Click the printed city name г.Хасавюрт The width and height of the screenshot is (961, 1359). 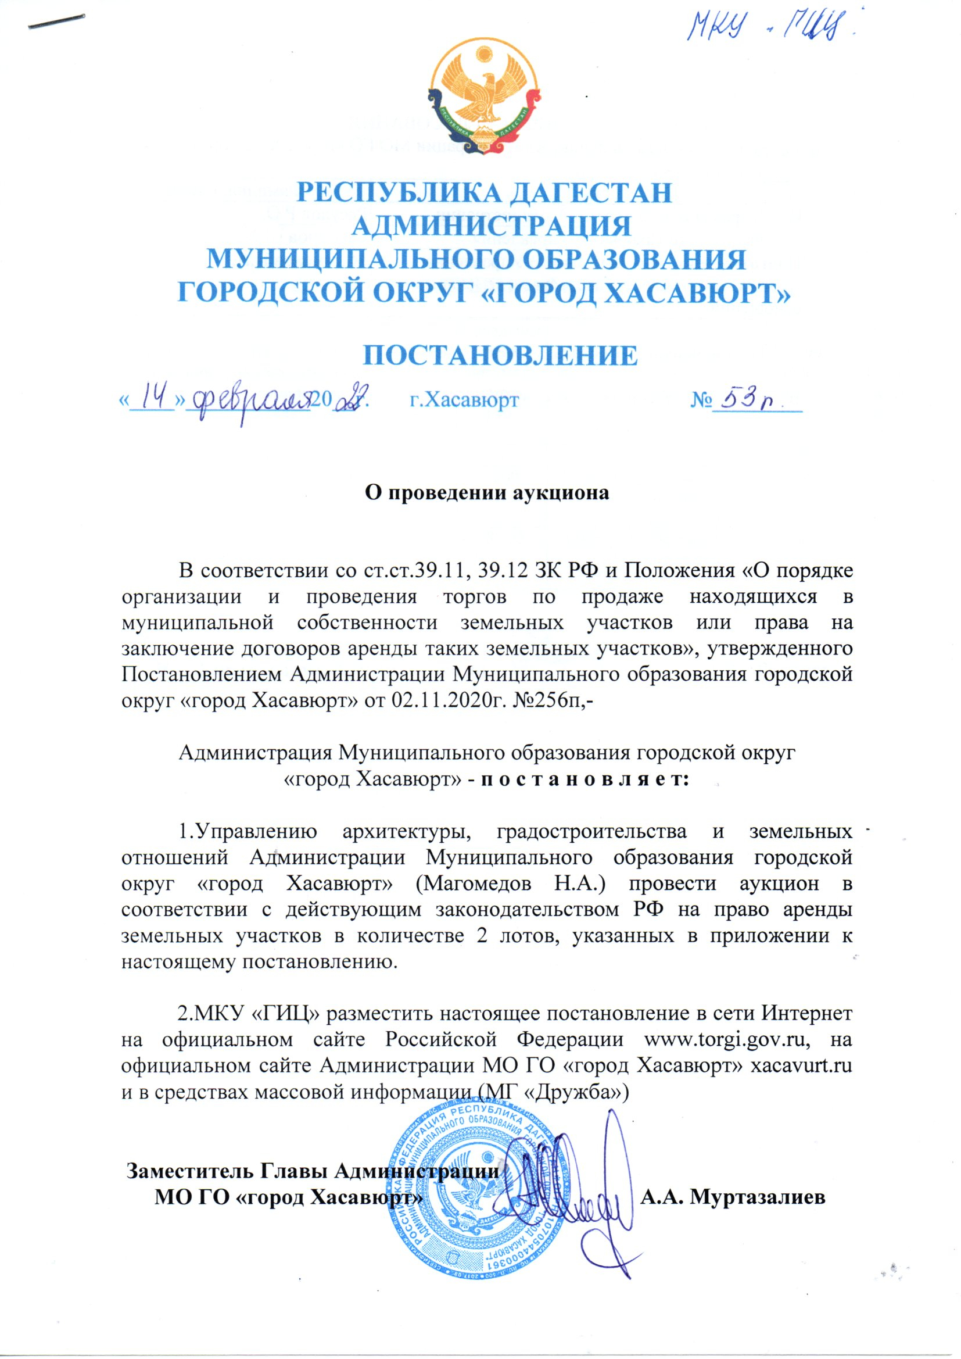[x=465, y=400]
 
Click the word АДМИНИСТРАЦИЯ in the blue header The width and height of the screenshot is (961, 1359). [x=494, y=227]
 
